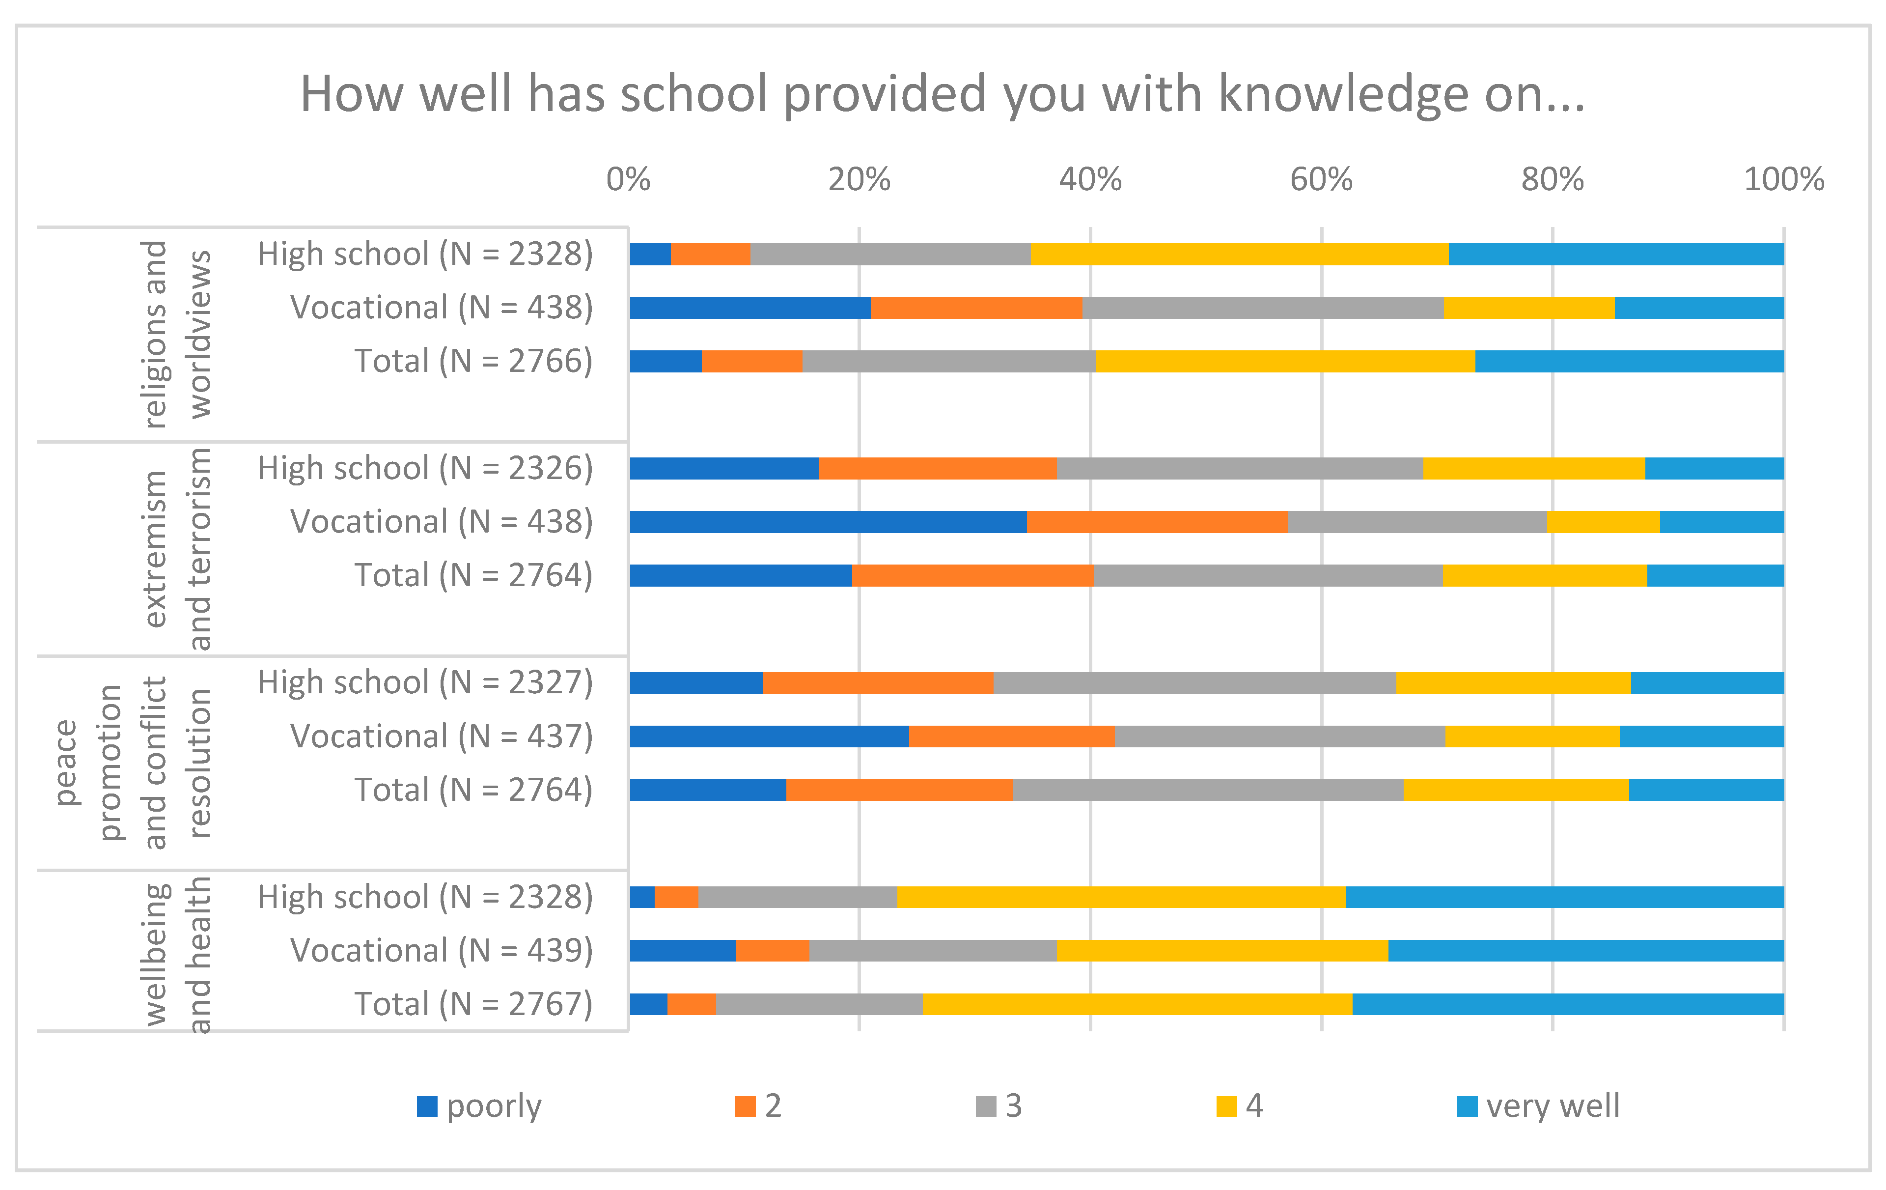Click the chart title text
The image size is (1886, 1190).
tap(942, 94)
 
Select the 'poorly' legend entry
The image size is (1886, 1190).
tap(479, 1105)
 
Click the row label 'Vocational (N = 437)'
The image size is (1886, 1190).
tap(442, 737)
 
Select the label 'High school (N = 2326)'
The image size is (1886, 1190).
tap(425, 468)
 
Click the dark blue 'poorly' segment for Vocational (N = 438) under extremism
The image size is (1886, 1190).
tap(828, 522)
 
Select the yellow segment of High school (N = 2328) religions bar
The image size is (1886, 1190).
tap(1239, 255)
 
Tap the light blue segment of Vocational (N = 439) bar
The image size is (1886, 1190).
tap(1585, 950)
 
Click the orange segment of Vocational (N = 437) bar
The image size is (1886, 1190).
tap(1011, 737)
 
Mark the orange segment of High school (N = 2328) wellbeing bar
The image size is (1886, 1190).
tap(676, 897)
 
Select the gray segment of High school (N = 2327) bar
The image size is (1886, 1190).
tap(1194, 682)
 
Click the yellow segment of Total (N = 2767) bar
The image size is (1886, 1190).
tap(1137, 1004)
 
